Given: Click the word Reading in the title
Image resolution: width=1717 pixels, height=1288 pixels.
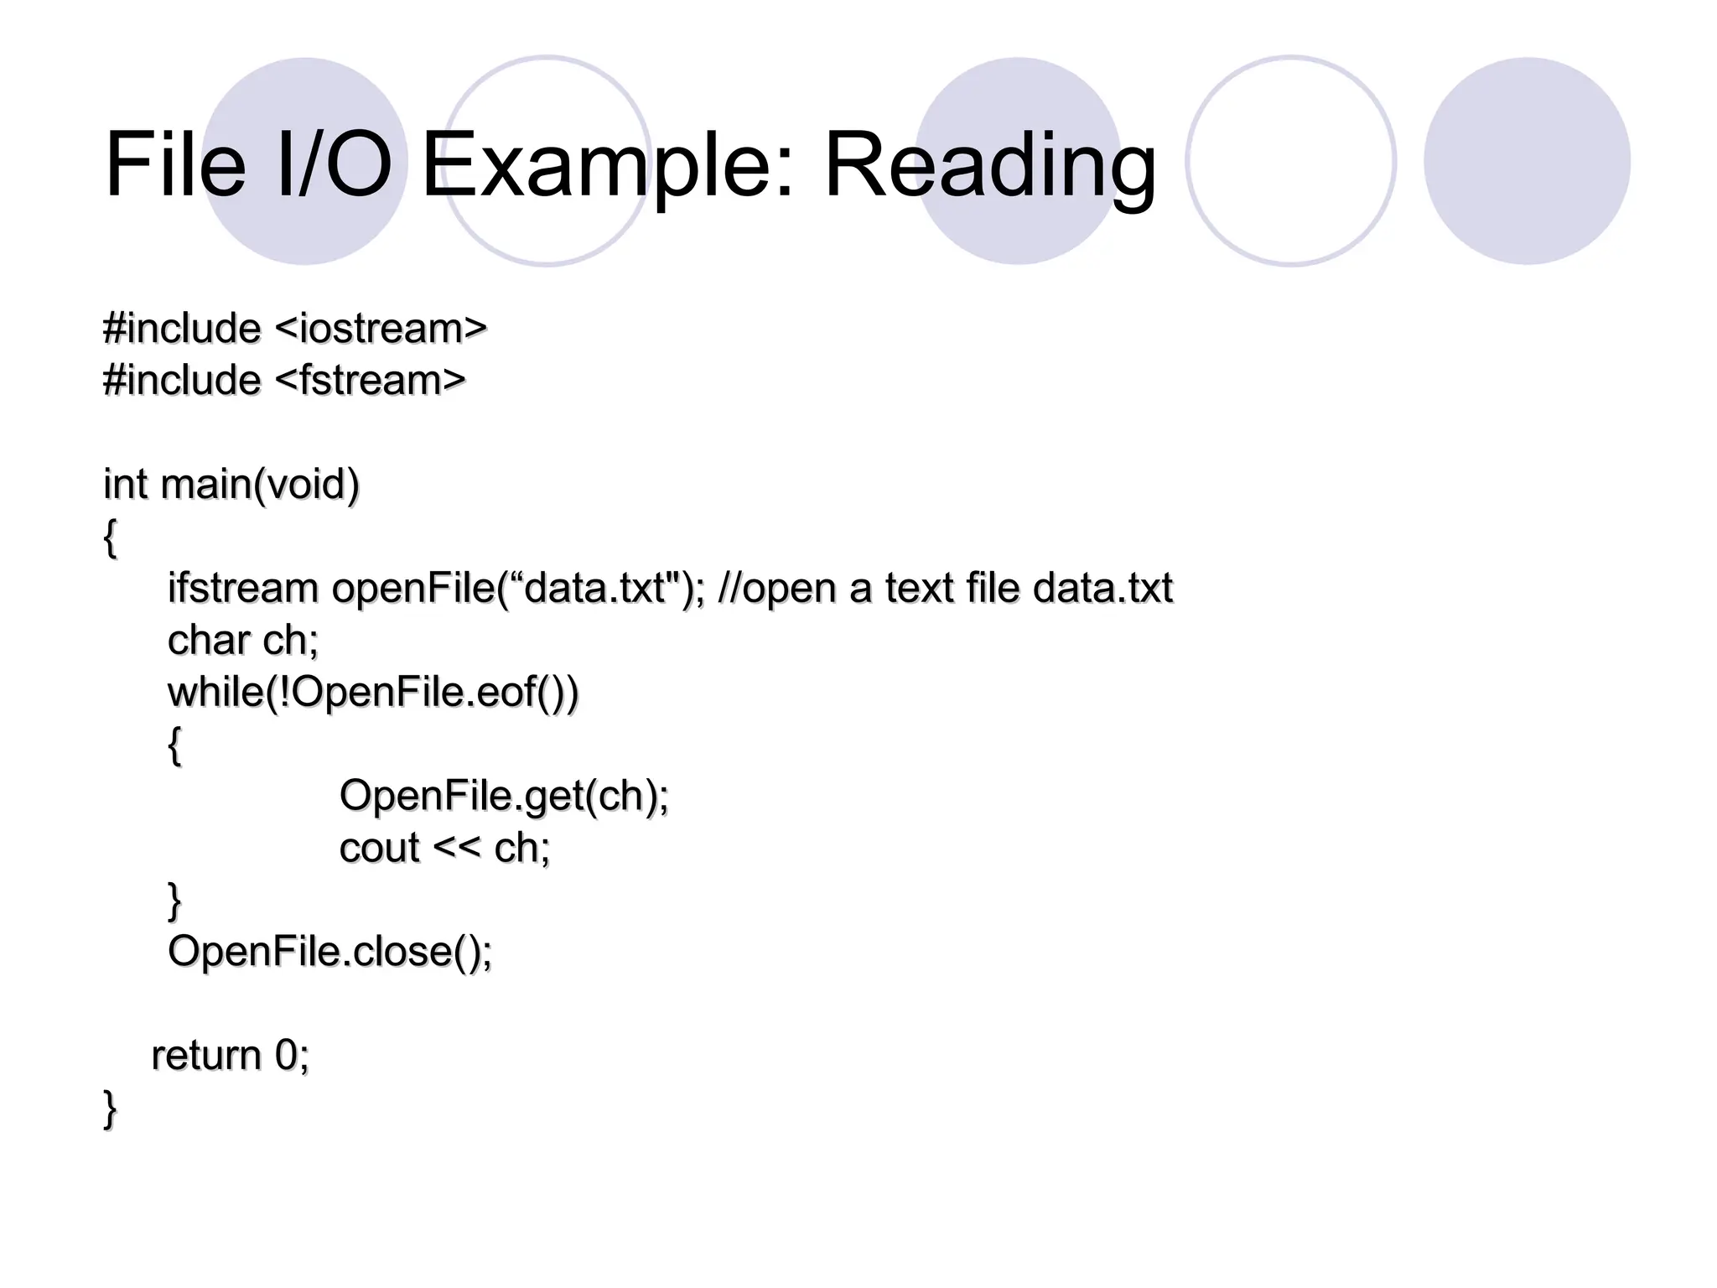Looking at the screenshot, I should click(989, 166).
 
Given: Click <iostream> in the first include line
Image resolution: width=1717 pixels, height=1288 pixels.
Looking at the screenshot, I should click(381, 328).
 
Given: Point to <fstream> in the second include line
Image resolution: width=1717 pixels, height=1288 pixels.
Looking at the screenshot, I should click(370, 380).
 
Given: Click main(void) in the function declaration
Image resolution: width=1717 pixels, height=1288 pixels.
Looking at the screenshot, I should click(260, 485).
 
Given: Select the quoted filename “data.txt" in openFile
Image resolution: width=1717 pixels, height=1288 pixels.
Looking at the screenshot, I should click(600, 588).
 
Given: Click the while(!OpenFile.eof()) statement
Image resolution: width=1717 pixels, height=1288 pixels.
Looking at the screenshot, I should click(373, 693).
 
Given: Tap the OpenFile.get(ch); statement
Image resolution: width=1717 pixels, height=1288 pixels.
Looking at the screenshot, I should click(504, 796).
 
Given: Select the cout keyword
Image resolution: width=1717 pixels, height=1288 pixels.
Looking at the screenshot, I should click(379, 848).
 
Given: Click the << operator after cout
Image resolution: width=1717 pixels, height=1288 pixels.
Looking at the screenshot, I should click(457, 848).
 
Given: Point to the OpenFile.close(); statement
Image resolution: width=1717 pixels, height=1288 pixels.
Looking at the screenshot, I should click(330, 952).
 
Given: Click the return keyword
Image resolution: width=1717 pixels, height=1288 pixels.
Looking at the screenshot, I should click(206, 1055).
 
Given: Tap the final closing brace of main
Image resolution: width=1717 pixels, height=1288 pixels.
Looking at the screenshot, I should click(110, 1109).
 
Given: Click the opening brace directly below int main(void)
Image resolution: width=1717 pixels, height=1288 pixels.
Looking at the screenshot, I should click(110, 538).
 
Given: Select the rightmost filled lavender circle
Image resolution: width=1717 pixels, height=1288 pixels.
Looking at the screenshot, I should click(1527, 160).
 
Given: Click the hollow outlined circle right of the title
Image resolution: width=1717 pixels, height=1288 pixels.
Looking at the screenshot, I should click(1290, 160).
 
